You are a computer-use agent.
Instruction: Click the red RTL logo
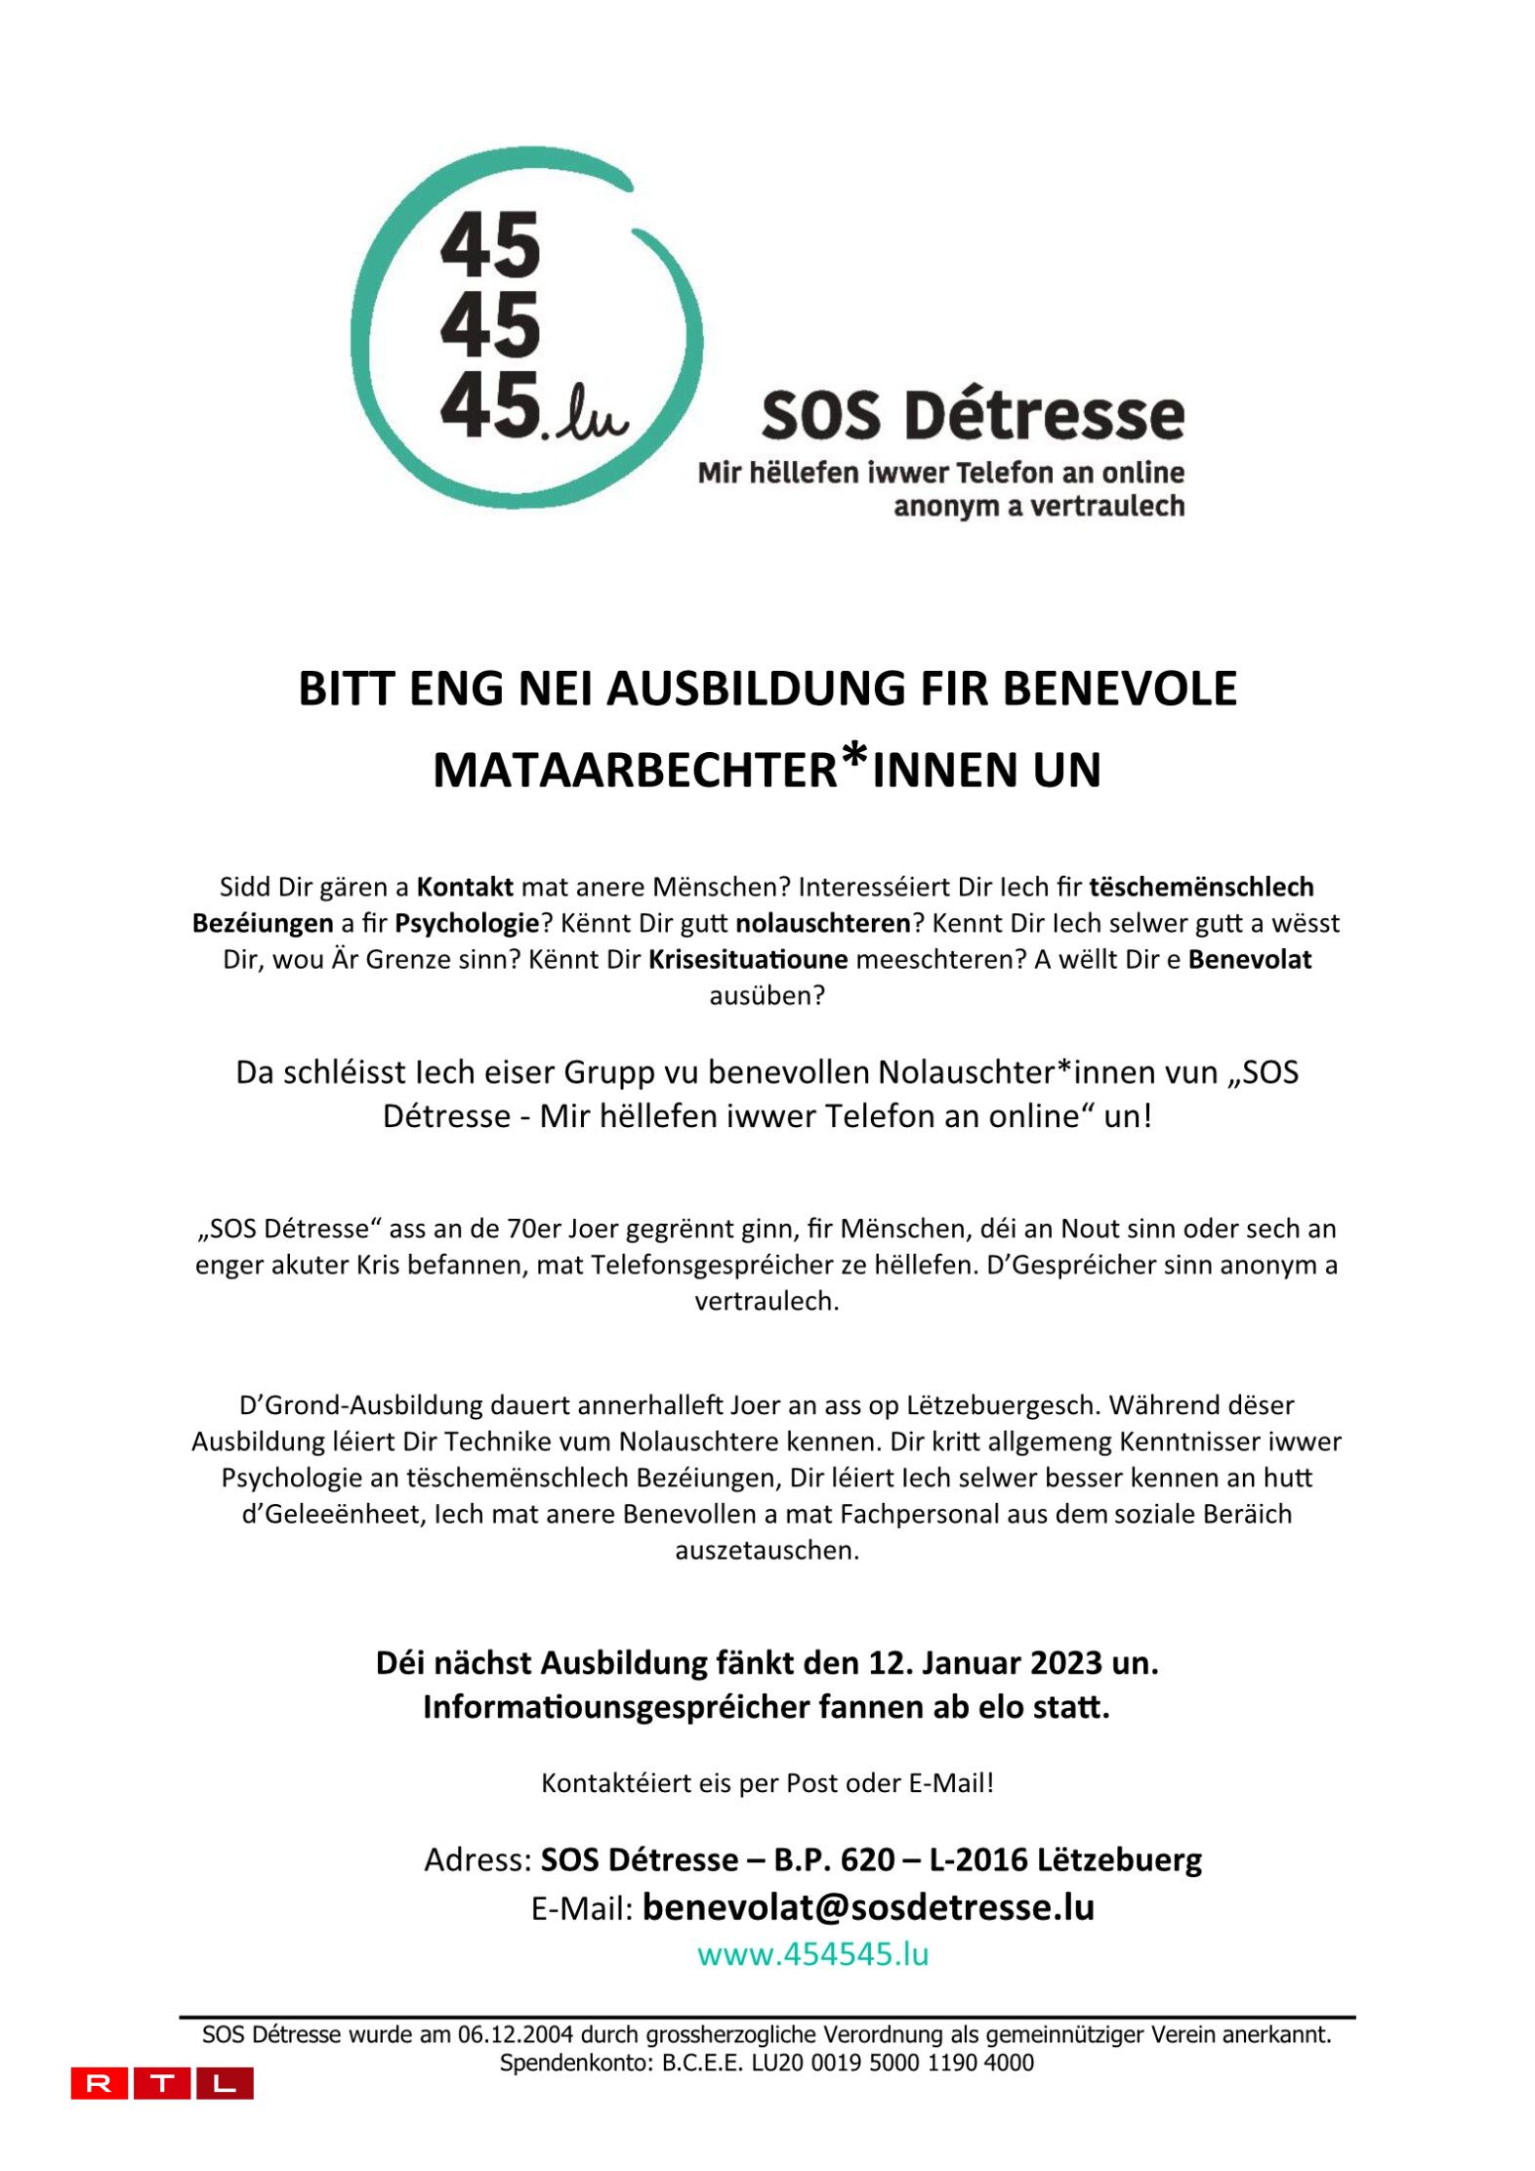[162, 2082]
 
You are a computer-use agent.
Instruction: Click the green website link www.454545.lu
[812, 1953]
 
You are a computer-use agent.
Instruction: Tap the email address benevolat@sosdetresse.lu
[868, 1906]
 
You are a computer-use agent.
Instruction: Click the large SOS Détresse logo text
[973, 415]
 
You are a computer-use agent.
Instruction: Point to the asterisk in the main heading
[854, 756]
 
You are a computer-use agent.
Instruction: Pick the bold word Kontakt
[465, 887]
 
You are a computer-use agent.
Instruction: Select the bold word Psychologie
[467, 923]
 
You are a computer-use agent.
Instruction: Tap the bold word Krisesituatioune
[748, 959]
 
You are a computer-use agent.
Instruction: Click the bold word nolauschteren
[823, 923]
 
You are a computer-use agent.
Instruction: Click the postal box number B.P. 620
[834, 1858]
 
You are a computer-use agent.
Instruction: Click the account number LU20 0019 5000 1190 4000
[892, 2063]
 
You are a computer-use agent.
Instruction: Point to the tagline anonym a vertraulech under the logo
[1039, 506]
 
